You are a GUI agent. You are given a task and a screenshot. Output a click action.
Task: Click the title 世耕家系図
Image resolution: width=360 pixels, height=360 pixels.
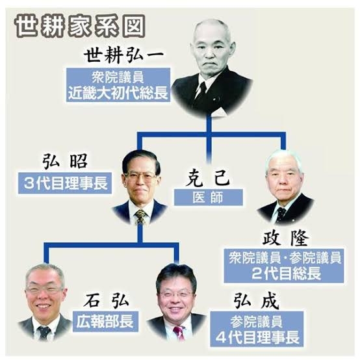(x=80, y=27)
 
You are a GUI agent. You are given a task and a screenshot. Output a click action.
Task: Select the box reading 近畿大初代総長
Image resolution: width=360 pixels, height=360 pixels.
(x=118, y=84)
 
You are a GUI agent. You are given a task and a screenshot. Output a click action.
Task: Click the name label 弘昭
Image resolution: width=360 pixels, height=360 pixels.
(x=65, y=161)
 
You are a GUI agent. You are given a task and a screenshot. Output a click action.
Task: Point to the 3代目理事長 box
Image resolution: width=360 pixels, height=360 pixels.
(x=65, y=183)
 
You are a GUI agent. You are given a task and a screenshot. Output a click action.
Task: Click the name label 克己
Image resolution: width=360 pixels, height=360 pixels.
(x=207, y=178)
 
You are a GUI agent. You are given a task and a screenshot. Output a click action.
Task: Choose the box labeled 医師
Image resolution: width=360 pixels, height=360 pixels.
(x=208, y=197)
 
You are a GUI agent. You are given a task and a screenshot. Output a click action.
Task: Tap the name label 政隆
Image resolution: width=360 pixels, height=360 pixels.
(x=285, y=238)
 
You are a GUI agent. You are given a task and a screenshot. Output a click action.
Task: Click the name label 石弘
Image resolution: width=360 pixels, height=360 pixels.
(x=106, y=301)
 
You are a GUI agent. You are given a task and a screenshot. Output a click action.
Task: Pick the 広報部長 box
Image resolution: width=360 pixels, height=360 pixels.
(x=105, y=321)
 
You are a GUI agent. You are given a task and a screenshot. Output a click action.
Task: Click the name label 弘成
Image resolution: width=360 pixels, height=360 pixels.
(x=256, y=301)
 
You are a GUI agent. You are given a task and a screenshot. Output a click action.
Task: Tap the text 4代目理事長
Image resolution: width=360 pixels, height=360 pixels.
(x=257, y=337)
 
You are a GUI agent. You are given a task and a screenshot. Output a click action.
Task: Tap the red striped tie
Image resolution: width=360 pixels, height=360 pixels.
(x=179, y=333)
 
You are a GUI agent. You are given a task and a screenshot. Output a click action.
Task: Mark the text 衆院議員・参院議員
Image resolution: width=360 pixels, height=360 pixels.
(x=285, y=257)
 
